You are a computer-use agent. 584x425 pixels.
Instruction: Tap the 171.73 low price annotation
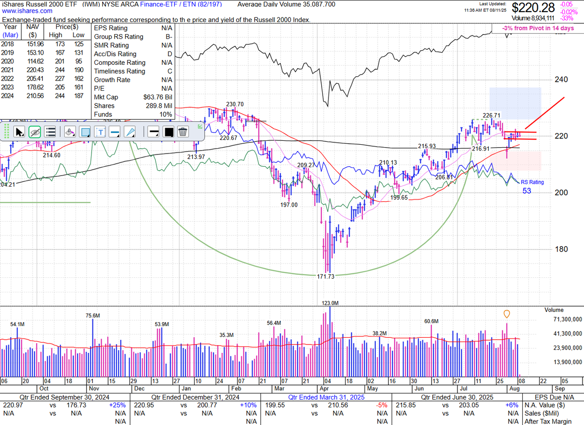tap(326, 277)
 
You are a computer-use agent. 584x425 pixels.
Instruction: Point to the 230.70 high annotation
tap(235, 104)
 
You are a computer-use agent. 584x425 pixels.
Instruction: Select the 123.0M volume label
tap(330, 303)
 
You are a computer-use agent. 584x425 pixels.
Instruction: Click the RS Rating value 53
tap(527, 191)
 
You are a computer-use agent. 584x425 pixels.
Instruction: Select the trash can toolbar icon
tap(183, 132)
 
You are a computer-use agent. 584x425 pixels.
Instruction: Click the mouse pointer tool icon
tap(19, 132)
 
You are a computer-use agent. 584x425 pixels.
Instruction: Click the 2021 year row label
tap(7, 71)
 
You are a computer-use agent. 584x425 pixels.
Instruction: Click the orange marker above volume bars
tap(507, 313)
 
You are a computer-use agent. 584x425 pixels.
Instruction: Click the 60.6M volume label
tap(431, 321)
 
